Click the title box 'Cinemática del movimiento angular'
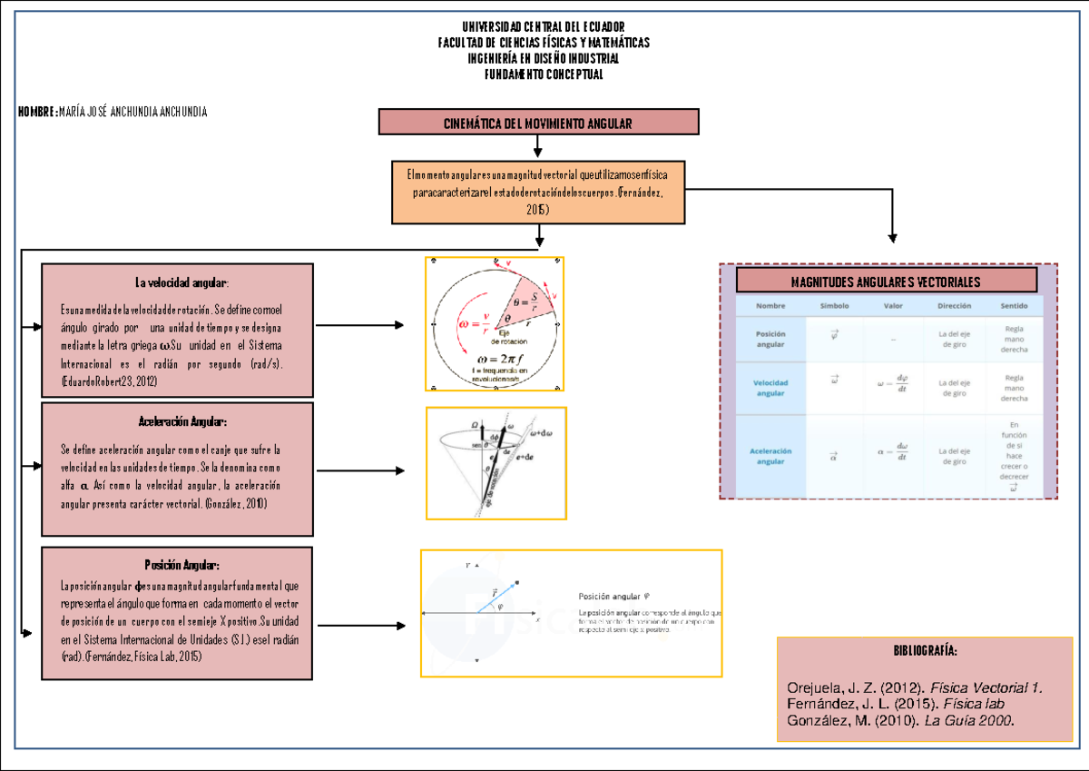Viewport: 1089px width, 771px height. [x=538, y=123]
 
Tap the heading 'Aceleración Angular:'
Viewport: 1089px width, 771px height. [x=182, y=422]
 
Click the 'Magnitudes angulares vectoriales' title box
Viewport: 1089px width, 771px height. [x=886, y=282]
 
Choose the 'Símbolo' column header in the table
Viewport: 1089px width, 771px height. [x=833, y=307]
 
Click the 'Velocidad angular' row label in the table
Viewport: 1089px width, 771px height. [x=770, y=388]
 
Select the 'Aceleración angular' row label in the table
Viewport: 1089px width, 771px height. [x=770, y=456]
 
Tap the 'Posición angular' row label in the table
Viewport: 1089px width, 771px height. [x=770, y=339]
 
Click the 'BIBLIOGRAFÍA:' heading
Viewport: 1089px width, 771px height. [x=925, y=652]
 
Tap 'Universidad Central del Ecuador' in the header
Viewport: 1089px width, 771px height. [x=543, y=27]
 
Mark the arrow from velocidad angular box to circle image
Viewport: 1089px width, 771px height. [x=360, y=324]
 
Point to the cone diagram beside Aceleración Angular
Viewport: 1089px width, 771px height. [x=495, y=463]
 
